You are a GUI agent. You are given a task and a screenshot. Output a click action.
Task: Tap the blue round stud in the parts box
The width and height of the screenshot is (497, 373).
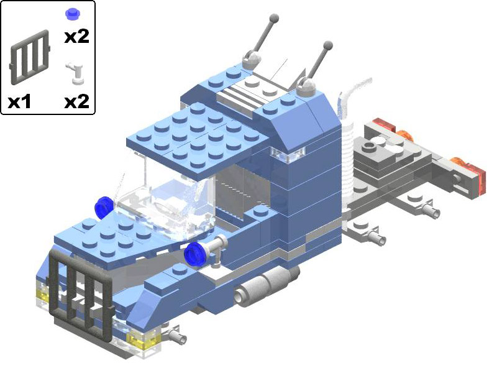(73, 13)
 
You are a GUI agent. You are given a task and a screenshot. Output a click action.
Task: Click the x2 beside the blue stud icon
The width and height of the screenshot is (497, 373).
(76, 36)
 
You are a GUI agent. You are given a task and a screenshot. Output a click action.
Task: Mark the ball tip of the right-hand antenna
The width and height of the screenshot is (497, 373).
(327, 45)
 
